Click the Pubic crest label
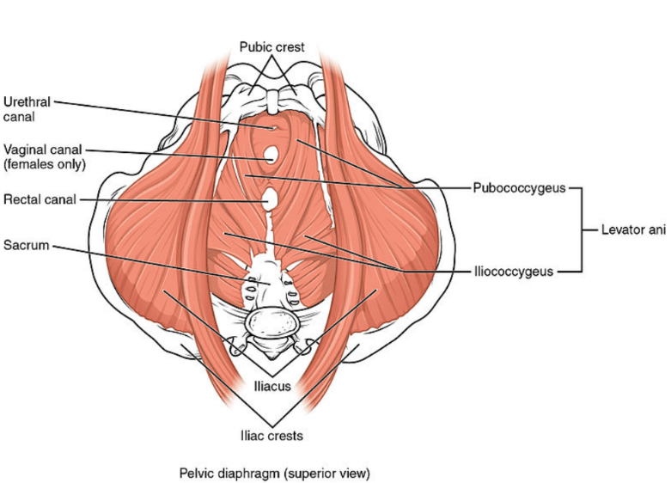(271, 46)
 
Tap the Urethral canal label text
(27, 109)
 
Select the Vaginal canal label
(43, 150)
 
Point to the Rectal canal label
(40, 199)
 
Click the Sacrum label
(26, 245)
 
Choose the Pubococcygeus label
(519, 188)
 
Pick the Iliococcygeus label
(514, 272)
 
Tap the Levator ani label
(633, 230)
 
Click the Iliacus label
(272, 386)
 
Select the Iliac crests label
(271, 436)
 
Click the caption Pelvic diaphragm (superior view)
(274, 474)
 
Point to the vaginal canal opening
(271, 155)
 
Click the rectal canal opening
(269, 199)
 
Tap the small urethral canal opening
(272, 127)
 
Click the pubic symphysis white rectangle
(272, 101)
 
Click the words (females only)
(45, 164)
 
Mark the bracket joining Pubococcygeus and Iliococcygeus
(582, 230)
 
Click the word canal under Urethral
(19, 117)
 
